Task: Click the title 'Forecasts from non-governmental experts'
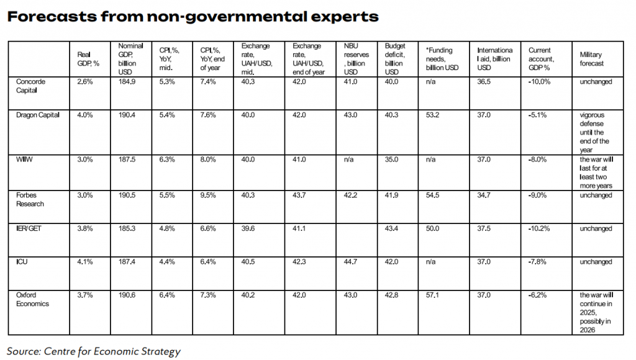193,17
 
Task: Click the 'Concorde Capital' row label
30,86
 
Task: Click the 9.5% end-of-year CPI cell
208,196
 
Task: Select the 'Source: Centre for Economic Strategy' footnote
94,351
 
